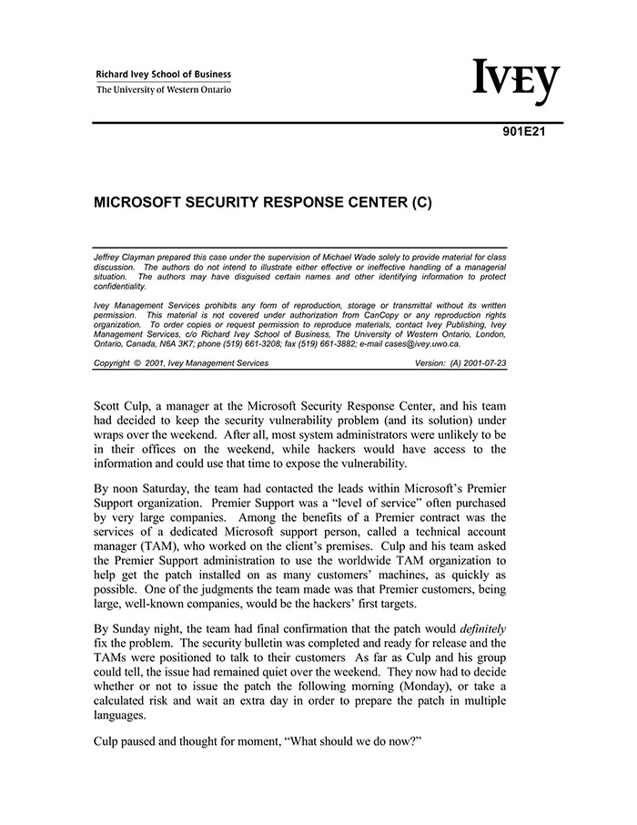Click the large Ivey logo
(x=516, y=82)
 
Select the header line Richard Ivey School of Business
(x=164, y=75)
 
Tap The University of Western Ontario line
(x=164, y=89)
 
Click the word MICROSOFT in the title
(x=142, y=203)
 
